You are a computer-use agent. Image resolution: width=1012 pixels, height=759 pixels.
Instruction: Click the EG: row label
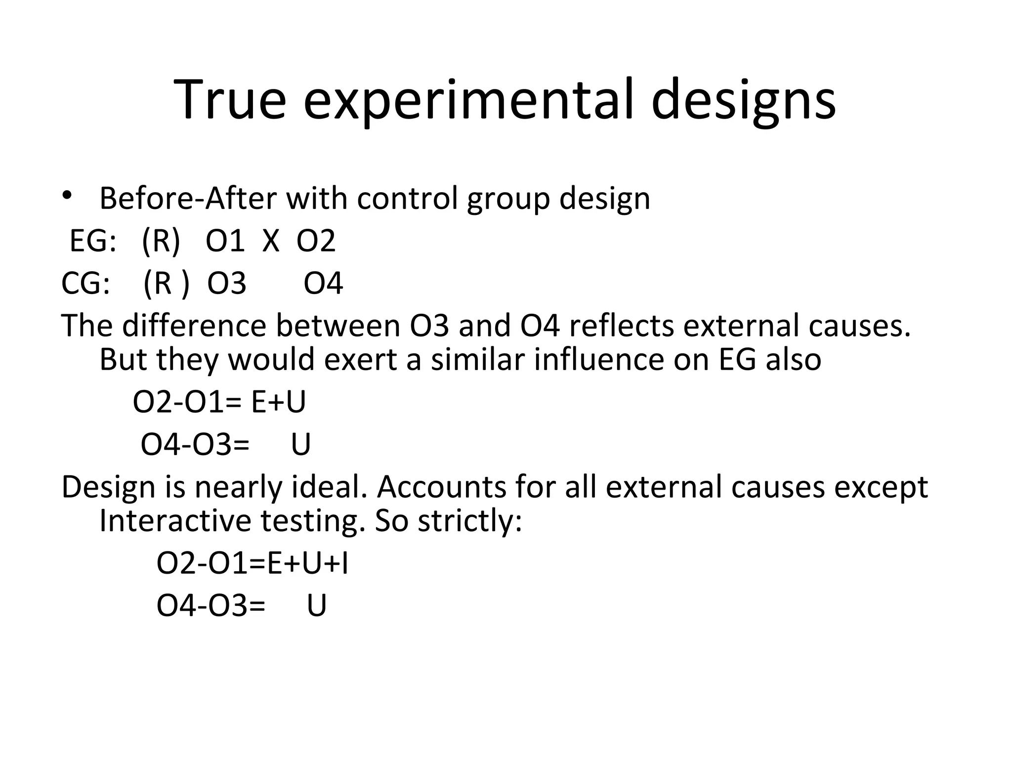coord(93,242)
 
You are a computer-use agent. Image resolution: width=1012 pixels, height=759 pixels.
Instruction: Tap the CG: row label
coord(85,284)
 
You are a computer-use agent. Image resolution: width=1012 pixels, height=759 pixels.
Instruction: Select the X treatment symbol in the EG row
coord(271,242)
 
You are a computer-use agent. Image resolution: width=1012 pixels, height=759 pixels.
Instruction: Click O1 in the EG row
coord(225,242)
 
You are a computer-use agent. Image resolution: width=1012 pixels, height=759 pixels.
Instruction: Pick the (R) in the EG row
coord(161,242)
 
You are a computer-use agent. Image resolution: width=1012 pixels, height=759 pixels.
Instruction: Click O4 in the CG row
coord(323,284)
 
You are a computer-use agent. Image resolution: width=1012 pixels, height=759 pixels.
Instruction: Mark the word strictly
coord(469,521)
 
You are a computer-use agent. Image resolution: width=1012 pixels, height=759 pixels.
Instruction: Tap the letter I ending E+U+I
coord(344,564)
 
